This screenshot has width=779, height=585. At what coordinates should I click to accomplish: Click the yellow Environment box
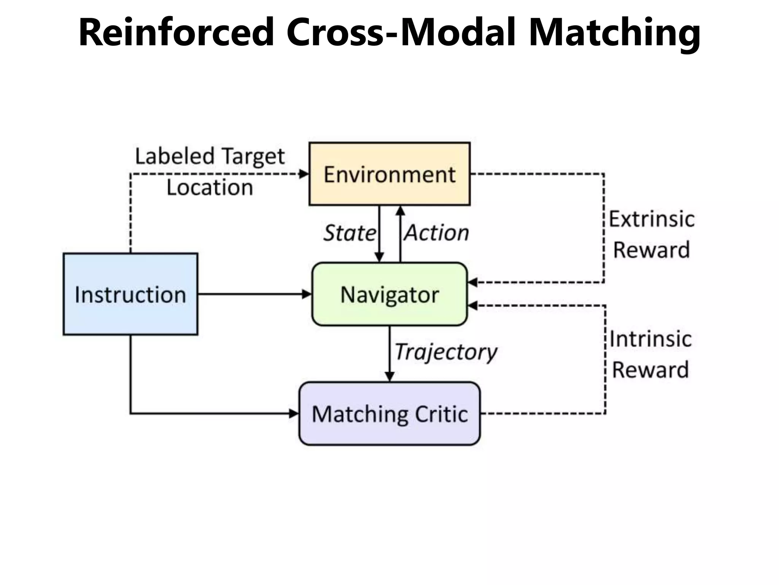(x=389, y=174)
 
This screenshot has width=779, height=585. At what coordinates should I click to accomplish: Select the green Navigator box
(x=389, y=294)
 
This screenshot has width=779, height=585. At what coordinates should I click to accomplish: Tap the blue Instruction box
(x=130, y=294)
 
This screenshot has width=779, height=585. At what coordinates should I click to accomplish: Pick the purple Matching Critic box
(x=389, y=414)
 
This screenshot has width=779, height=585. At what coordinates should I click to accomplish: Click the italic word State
(x=349, y=233)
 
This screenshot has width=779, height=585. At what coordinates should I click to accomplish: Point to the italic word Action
(x=437, y=233)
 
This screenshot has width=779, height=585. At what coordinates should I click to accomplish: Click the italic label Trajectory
(x=446, y=352)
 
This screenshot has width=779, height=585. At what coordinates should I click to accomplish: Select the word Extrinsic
(x=652, y=219)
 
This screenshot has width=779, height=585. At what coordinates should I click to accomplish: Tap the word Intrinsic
(x=650, y=339)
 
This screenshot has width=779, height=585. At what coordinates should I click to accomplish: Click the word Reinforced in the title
(x=176, y=32)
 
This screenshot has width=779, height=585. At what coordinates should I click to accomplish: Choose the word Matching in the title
(x=614, y=32)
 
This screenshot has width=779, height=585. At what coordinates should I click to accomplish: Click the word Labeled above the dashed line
(x=175, y=156)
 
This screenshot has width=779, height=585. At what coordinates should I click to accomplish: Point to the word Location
(x=210, y=188)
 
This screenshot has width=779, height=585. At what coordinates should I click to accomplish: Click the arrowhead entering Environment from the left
(x=304, y=174)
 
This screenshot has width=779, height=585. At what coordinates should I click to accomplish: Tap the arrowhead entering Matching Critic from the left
(x=294, y=414)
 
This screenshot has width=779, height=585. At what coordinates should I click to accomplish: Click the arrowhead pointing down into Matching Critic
(x=389, y=376)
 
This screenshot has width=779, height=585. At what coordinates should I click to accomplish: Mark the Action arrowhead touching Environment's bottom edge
(x=400, y=211)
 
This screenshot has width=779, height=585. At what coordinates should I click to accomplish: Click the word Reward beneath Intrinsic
(x=650, y=370)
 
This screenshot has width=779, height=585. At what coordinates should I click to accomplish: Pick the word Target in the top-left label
(x=253, y=156)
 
